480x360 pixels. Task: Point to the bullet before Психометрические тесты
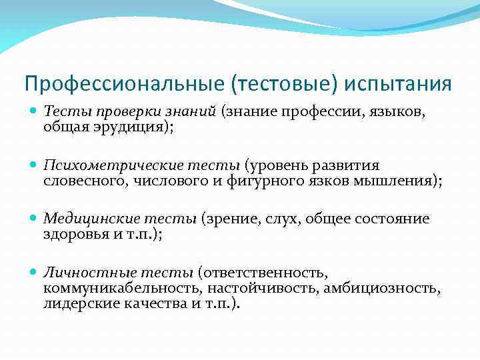click(x=34, y=165)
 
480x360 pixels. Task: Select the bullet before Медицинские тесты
click(x=34, y=219)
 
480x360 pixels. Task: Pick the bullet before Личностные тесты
click(x=34, y=272)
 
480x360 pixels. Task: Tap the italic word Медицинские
click(x=83, y=219)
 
